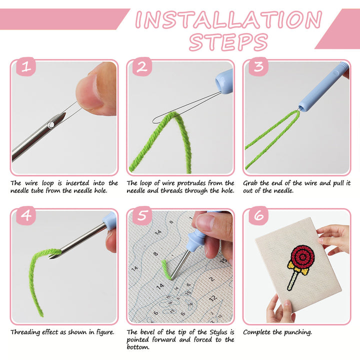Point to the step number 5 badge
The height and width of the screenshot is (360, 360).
point(142,216)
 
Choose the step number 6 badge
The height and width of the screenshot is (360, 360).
point(258,216)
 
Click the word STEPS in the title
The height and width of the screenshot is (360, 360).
point(228,42)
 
